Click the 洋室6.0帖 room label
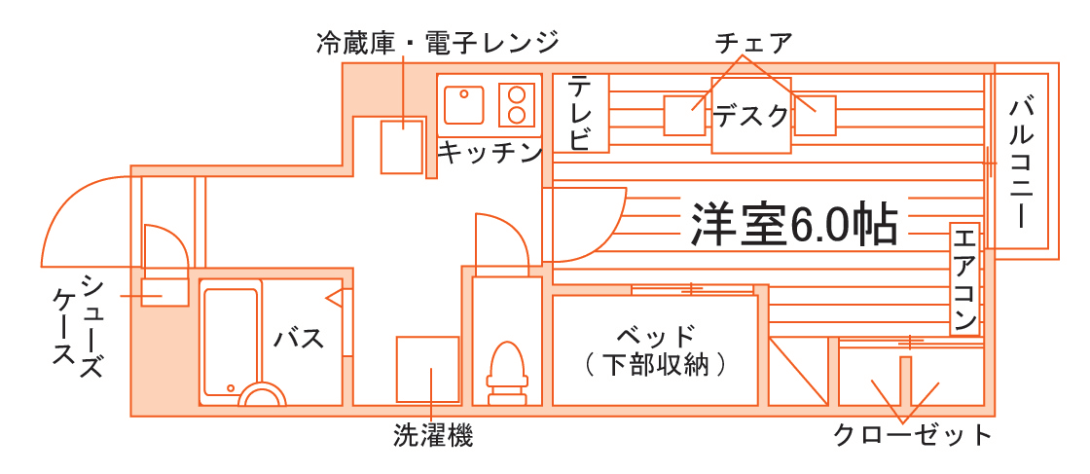click(793, 224)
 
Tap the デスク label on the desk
click(751, 116)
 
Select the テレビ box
click(581, 112)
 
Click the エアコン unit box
click(964, 278)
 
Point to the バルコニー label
click(1021, 162)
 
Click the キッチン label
click(489, 152)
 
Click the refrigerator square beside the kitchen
click(401, 146)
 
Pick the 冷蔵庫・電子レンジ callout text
click(438, 43)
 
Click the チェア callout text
click(753, 43)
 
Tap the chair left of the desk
click(684, 116)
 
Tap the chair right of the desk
click(815, 116)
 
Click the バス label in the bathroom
click(299, 339)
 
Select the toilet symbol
click(505, 371)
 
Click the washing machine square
click(427, 369)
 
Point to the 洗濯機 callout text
click(433, 435)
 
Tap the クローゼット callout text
click(912, 434)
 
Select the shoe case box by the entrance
click(164, 291)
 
